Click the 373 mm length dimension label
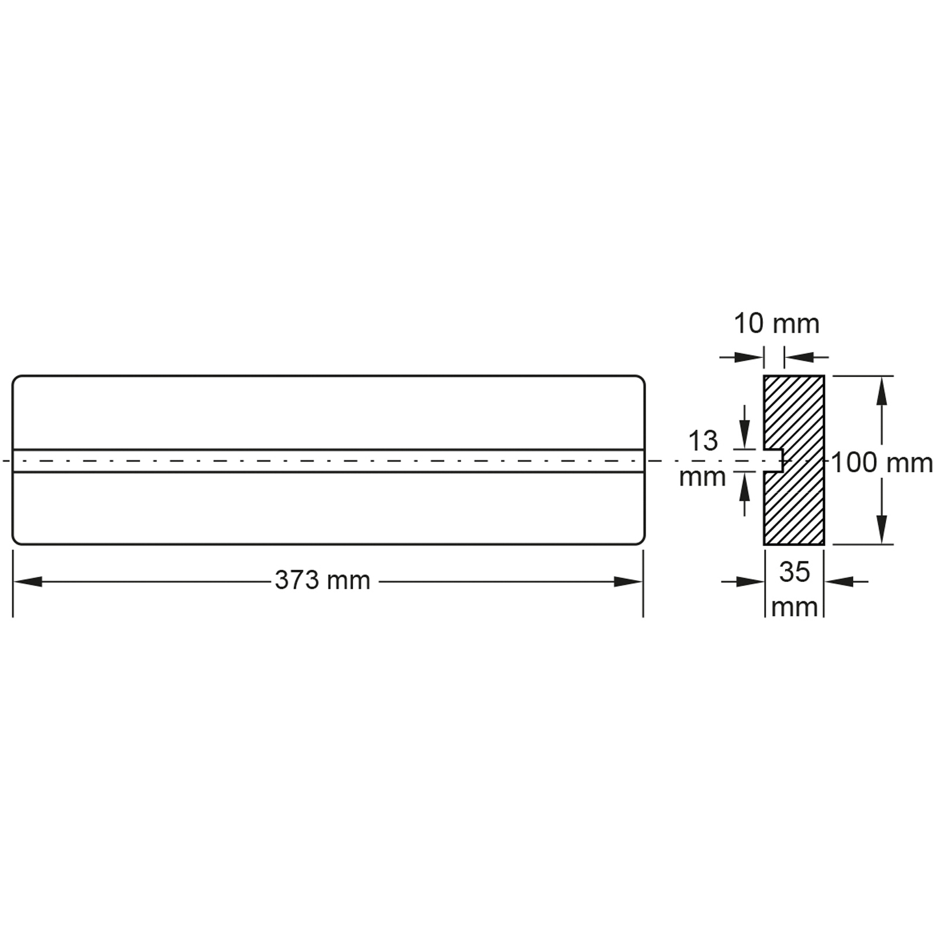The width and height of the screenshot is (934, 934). [x=322, y=581]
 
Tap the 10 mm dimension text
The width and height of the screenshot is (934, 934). [x=776, y=324]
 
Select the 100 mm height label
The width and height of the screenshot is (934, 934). [x=881, y=463]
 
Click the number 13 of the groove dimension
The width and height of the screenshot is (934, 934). [x=703, y=441]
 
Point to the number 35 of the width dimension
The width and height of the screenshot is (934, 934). [x=794, y=572]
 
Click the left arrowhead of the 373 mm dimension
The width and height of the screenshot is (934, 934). [x=27, y=581]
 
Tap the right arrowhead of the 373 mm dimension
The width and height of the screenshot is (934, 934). [x=628, y=581]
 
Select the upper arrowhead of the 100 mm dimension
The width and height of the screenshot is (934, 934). [x=881, y=391]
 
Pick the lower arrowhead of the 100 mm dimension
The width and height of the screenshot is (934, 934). [x=881, y=529]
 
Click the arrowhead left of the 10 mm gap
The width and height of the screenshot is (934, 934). [x=749, y=357]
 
